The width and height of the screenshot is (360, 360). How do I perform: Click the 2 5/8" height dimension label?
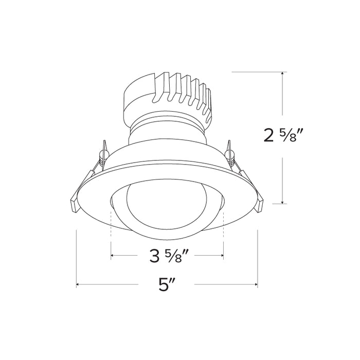click(282, 136)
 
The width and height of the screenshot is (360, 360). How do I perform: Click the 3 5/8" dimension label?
click(167, 255)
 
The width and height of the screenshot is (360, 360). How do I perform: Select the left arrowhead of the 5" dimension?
click(79, 284)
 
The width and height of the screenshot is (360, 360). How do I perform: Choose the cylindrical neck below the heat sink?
click(167, 129)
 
